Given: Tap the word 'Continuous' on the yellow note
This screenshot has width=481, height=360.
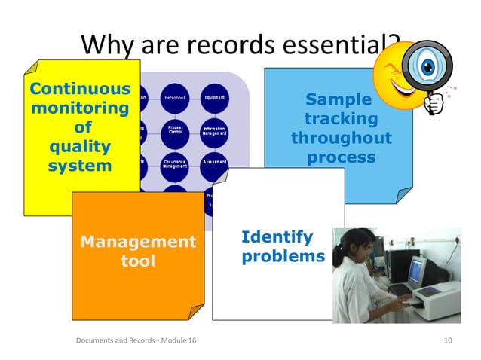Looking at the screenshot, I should pos(78,89).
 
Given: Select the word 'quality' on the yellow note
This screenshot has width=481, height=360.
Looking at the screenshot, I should pos(78,145).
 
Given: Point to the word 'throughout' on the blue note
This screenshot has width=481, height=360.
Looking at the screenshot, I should pos(341,139).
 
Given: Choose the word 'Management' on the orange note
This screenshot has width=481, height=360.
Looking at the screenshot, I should pos(138,242).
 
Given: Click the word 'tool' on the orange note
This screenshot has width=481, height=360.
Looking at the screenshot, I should pos(138,261).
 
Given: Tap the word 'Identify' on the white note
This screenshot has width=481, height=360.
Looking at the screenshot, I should pos(276,237).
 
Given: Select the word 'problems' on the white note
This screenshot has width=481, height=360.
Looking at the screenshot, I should pos(283,257).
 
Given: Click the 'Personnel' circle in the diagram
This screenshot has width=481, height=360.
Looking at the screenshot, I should pos(174,99).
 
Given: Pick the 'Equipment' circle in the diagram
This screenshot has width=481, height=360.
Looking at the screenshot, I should pos(214,99).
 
